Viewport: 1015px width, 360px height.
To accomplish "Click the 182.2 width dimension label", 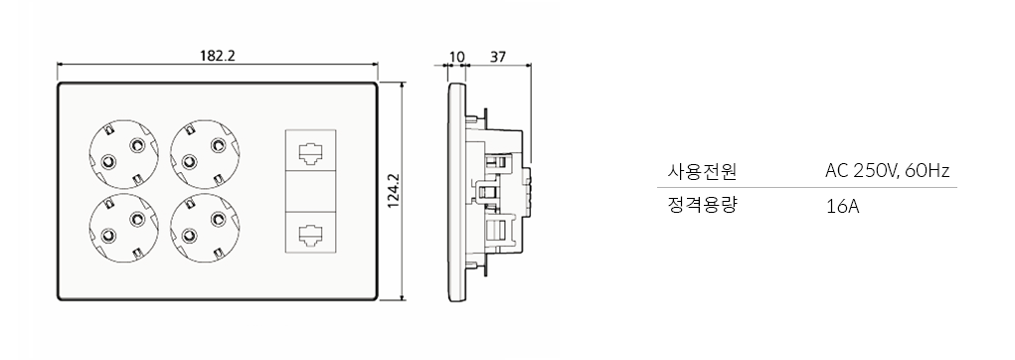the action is [217, 56].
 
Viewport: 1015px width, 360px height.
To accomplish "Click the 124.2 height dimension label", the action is [394, 191].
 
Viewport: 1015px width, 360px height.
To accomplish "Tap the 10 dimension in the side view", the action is [457, 57].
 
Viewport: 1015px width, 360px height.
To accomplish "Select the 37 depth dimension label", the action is [498, 57].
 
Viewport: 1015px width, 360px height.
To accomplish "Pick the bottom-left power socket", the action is [122, 227].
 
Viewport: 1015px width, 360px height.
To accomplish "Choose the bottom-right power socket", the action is [205, 227].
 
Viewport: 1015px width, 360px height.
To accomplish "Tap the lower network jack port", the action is [310, 233].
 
